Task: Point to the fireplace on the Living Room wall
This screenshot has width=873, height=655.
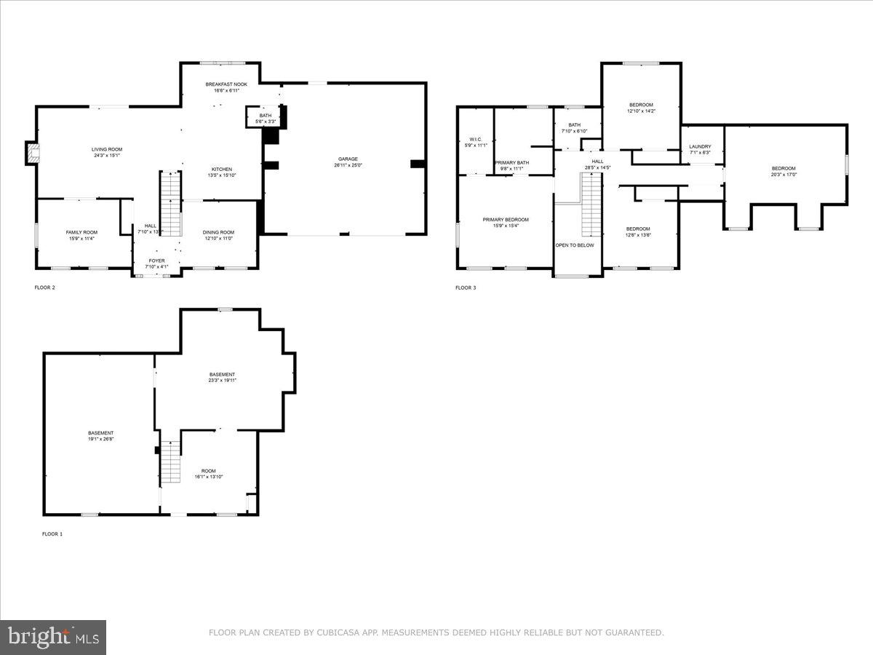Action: point(31,153)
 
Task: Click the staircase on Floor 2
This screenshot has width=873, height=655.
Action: point(170,203)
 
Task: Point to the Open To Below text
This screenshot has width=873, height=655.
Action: point(575,245)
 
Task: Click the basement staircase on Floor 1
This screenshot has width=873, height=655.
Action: point(170,461)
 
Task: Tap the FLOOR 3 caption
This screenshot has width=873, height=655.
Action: point(466,287)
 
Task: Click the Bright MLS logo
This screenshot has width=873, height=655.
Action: point(53,637)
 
